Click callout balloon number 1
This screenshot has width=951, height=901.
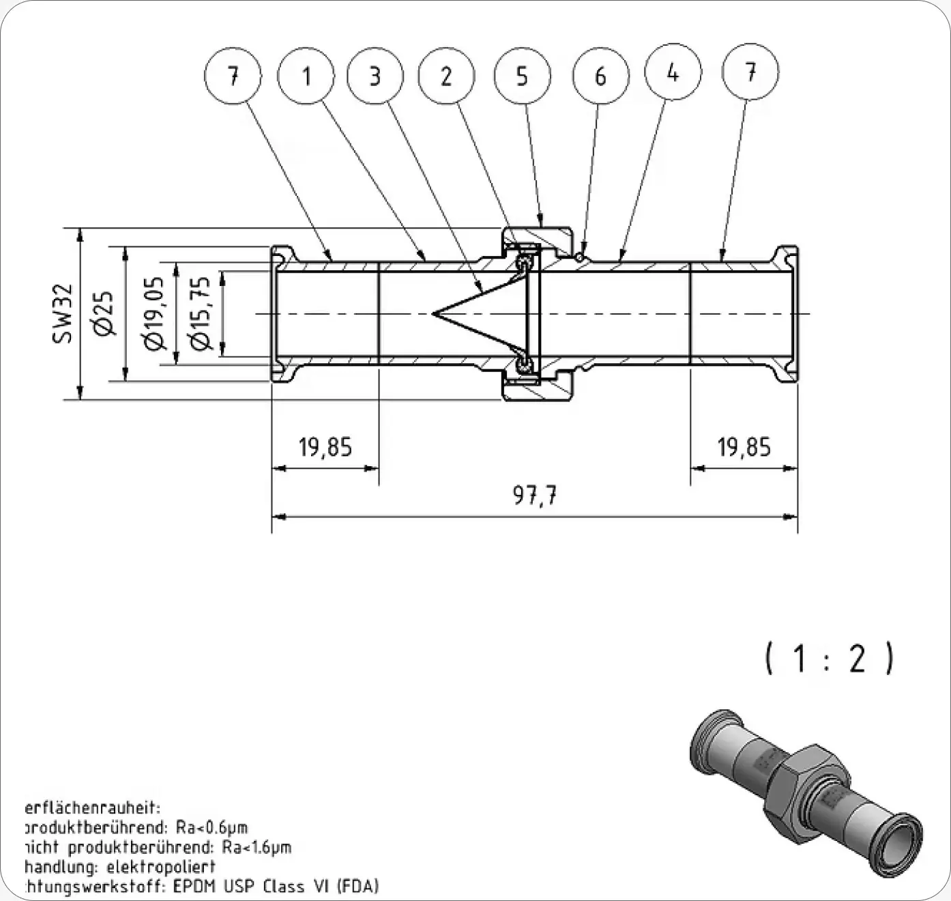click(x=306, y=76)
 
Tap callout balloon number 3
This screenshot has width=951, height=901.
click(x=375, y=76)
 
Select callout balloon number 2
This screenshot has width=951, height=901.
click(x=446, y=76)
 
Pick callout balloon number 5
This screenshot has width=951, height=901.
click(x=522, y=76)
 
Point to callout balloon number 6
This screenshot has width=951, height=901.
click(x=600, y=76)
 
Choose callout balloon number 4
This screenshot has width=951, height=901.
click(x=673, y=72)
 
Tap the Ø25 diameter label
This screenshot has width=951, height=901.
click(x=103, y=313)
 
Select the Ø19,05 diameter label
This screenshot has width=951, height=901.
click(x=155, y=313)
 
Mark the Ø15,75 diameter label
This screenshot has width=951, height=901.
click(x=201, y=313)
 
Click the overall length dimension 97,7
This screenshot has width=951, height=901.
click(x=535, y=496)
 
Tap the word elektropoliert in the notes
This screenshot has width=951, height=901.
click(x=161, y=867)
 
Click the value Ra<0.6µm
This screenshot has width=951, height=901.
click(x=211, y=828)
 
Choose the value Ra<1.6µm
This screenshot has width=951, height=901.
click(x=257, y=848)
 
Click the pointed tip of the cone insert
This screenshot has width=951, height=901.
click(x=434, y=314)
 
